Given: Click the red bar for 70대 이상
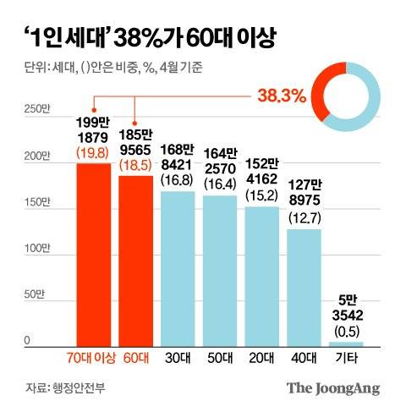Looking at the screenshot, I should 93,254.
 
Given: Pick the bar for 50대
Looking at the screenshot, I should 220,270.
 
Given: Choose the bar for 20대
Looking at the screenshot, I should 262,275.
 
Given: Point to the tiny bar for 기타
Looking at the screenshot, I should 347,343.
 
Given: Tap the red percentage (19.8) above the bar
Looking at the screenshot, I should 93,152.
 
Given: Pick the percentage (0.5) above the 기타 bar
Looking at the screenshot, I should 347,329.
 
